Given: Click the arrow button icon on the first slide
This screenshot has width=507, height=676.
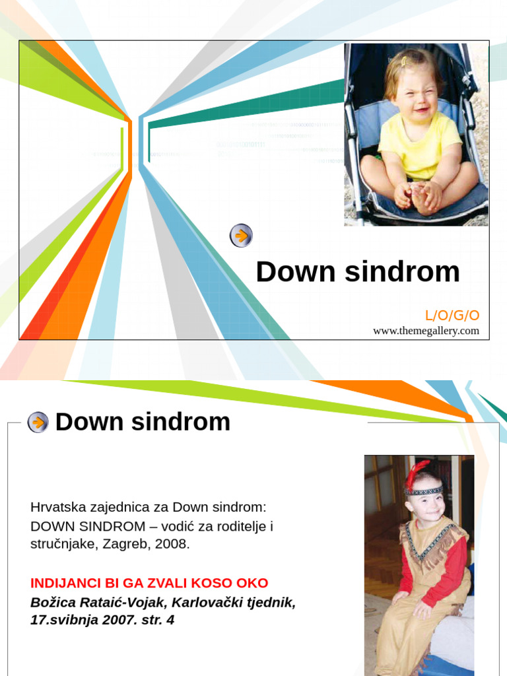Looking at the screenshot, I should pyautogui.click(x=241, y=236).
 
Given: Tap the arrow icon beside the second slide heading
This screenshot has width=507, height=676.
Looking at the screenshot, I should pyautogui.click(x=38, y=422).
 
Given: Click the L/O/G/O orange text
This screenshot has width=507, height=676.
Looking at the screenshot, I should pyautogui.click(x=452, y=316).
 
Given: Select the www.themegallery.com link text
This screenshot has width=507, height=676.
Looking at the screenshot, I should pyautogui.click(x=426, y=331).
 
